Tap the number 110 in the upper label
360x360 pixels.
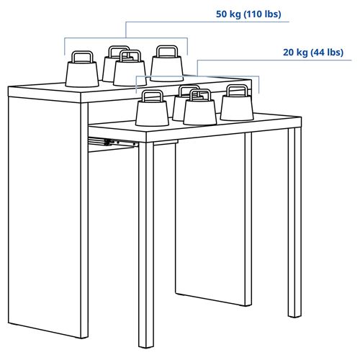tap(256, 14)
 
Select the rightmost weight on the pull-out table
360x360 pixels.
tap(236, 104)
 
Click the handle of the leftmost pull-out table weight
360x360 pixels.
tap(150, 96)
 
